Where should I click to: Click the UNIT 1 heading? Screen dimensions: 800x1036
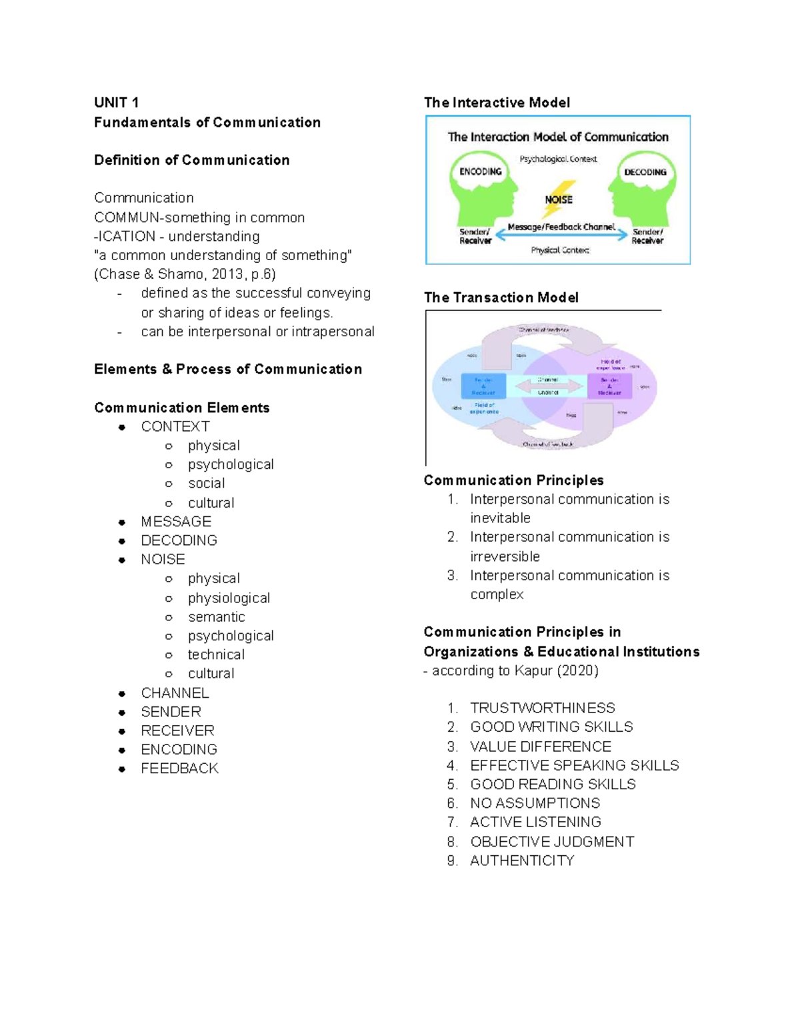pyautogui.click(x=116, y=103)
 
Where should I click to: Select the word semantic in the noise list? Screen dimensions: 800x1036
pyautogui.click(x=216, y=617)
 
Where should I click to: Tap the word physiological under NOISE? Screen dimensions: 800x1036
pyautogui.click(x=229, y=598)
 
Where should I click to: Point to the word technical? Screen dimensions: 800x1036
pyautogui.click(x=216, y=654)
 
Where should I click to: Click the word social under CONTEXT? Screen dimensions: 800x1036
pyautogui.click(x=206, y=483)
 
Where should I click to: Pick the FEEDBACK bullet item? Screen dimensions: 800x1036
pyautogui.click(x=179, y=768)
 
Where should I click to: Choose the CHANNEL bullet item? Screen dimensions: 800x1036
pyautogui.click(x=175, y=693)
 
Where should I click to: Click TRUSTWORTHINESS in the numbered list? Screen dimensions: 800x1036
pyautogui.click(x=542, y=708)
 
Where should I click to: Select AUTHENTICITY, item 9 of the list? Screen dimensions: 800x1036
pyautogui.click(x=522, y=861)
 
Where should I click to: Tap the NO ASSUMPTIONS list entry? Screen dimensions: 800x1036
pyautogui.click(x=535, y=803)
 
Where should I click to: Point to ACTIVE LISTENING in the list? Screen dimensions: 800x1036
pyautogui.click(x=535, y=822)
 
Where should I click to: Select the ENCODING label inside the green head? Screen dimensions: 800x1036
pyautogui.click(x=480, y=171)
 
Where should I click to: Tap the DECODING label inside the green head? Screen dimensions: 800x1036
pyautogui.click(x=645, y=172)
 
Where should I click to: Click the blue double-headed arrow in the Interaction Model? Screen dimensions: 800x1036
pyautogui.click(x=561, y=235)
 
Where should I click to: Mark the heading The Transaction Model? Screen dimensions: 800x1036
pyautogui.click(x=501, y=298)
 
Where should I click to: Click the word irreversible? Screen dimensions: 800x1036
pyautogui.click(x=505, y=556)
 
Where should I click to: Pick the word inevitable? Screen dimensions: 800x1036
pyautogui.click(x=500, y=518)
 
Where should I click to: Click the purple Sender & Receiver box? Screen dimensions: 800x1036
pyautogui.click(x=609, y=386)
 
